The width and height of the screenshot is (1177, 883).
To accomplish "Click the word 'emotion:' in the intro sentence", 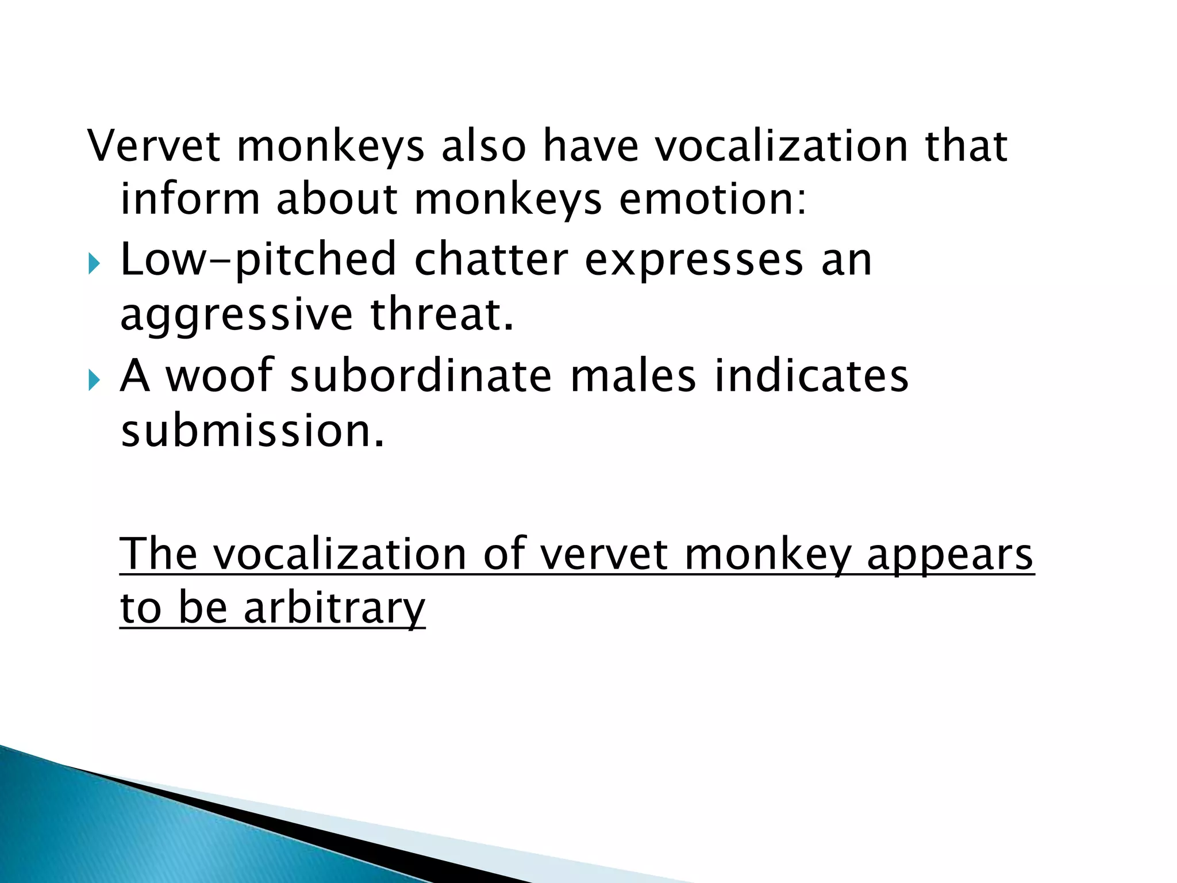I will tap(713, 199).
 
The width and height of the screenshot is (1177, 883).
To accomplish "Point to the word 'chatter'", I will tap(491, 259).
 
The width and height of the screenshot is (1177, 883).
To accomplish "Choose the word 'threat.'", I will tap(441, 314).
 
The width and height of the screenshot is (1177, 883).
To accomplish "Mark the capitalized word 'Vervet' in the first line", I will tap(153, 146).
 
